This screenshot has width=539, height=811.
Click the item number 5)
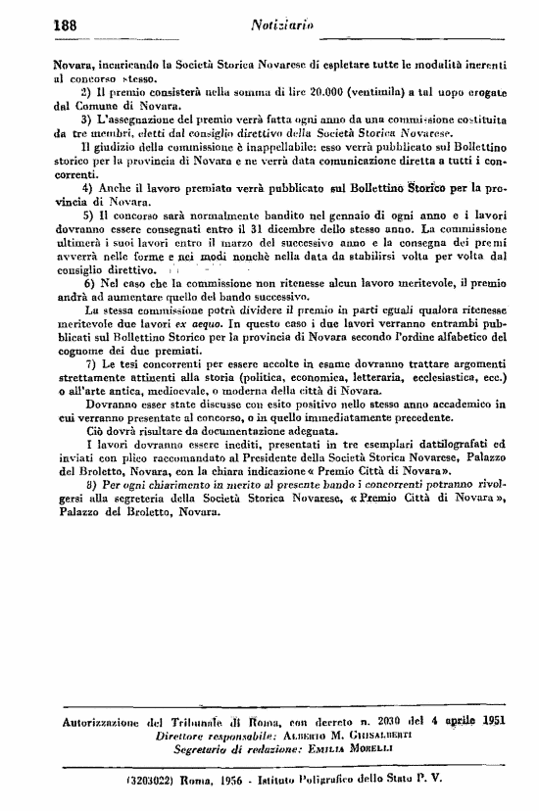(87, 238)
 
